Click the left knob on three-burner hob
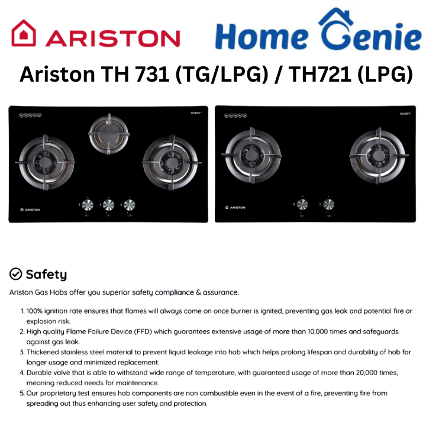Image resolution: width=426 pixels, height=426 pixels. [86, 205]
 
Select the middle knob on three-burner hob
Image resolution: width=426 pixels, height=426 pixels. [108, 205]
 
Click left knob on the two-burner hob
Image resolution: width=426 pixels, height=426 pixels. [302, 205]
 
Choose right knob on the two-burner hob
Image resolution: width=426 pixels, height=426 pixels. [324, 205]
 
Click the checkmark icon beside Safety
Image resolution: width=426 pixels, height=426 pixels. [16, 274]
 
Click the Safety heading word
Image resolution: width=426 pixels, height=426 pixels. [46, 275]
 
